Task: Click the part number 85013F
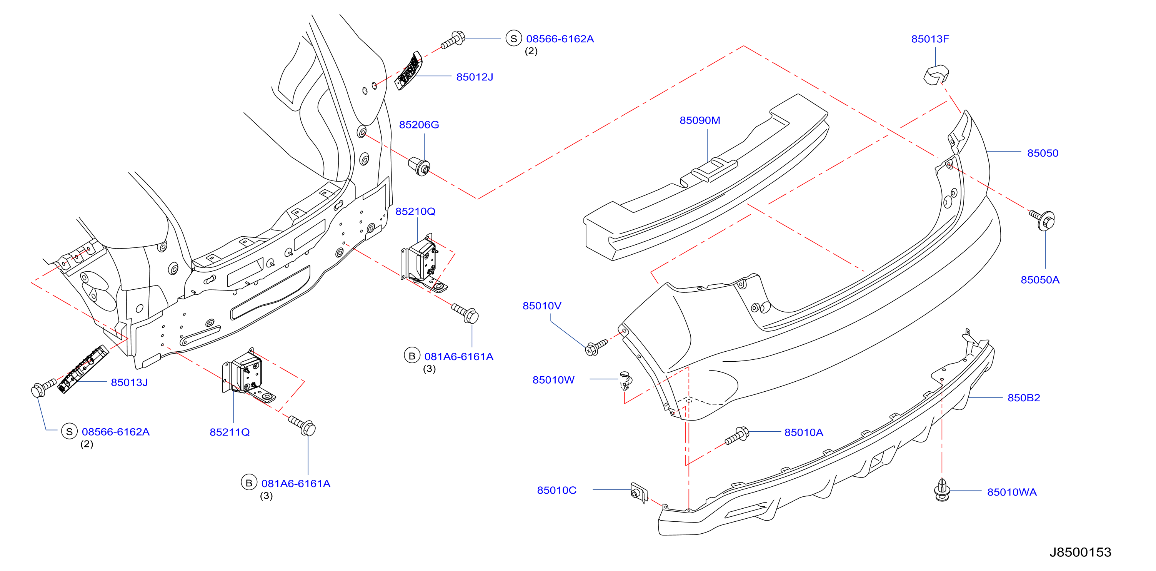tap(930, 39)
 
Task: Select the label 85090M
tap(700, 120)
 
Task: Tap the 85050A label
tap(1040, 280)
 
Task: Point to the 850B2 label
tap(1024, 398)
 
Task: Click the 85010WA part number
tap(1011, 492)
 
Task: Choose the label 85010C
tap(556, 490)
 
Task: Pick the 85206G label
tap(419, 125)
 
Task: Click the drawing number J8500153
tap(1080, 552)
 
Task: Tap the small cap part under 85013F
tap(936, 75)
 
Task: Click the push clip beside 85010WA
tap(942, 490)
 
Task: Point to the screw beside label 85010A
tap(737, 436)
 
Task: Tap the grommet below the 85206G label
tap(420, 166)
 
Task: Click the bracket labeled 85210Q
tap(422, 263)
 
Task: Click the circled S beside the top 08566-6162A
tap(513, 38)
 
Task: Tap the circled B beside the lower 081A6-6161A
tap(248, 483)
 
